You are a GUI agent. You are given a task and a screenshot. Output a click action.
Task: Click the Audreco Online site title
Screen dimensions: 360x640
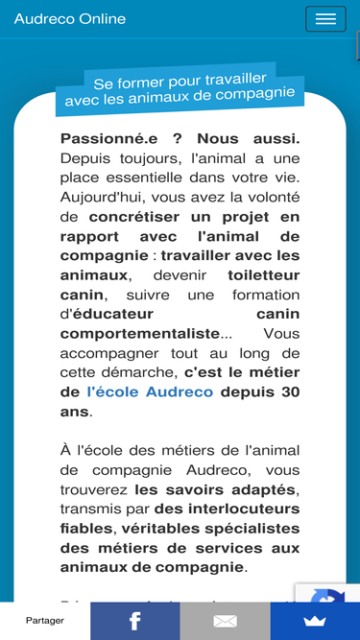coord(70,19)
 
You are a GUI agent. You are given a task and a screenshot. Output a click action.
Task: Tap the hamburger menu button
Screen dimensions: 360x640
coord(325,19)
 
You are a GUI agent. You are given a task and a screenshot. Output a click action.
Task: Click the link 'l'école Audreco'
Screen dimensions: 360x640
coord(150,391)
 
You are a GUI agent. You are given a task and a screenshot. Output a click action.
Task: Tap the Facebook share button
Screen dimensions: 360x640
coord(135,621)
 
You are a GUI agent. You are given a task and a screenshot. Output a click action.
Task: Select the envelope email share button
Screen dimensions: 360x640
coord(225,621)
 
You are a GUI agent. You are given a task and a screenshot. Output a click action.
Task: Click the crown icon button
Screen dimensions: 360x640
coord(315,621)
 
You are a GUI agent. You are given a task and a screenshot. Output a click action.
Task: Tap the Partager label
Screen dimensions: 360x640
coord(45,621)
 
